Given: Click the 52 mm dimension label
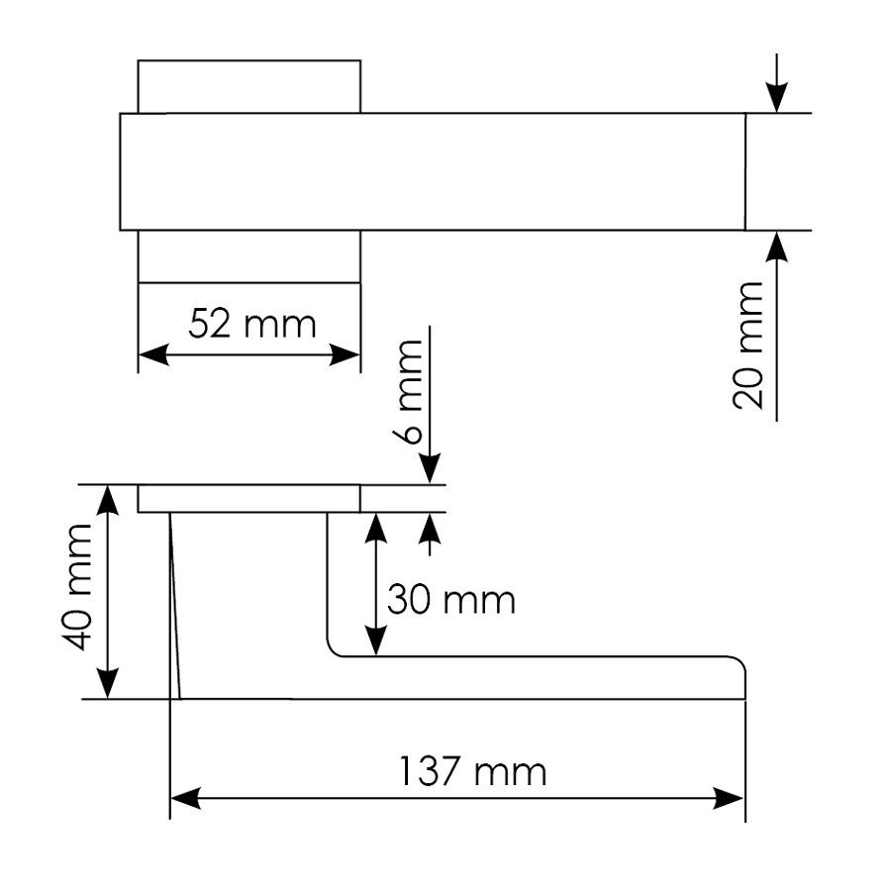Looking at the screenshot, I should pyautogui.click(x=251, y=324).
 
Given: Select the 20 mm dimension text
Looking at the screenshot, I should pyautogui.click(x=749, y=346).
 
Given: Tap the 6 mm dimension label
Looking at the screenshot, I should pyautogui.click(x=408, y=391).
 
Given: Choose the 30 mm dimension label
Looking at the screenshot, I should pyautogui.click(x=450, y=600).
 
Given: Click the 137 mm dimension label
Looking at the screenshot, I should pyautogui.click(x=471, y=771).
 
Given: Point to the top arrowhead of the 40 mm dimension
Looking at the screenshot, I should pyautogui.click(x=107, y=501).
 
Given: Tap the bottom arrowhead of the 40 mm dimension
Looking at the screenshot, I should pyautogui.click(x=107, y=683).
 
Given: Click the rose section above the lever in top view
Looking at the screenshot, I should pyautogui.click(x=248, y=87).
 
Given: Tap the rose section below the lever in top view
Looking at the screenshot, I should pyautogui.click(x=248, y=256).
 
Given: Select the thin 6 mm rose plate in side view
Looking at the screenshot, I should pyautogui.click(x=248, y=499).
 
